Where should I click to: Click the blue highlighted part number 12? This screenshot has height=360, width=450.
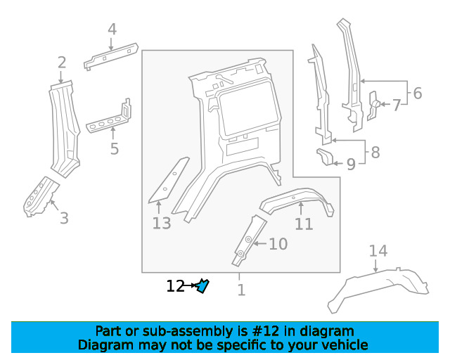point(202,286)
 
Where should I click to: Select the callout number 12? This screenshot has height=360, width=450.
point(175,286)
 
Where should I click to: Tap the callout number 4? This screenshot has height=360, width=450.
point(112,30)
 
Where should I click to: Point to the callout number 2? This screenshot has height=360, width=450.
point(62,63)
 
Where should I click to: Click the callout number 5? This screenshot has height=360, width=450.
point(114,148)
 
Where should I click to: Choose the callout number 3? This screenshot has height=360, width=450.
point(64,218)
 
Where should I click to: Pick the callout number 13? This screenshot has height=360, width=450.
point(162,223)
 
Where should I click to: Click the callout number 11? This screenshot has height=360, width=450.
point(304,224)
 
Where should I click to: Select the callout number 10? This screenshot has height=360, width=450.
point(278,244)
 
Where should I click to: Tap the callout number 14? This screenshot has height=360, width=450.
point(378,250)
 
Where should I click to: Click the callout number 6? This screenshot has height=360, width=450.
point(418,94)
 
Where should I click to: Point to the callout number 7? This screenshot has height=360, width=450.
point(397,105)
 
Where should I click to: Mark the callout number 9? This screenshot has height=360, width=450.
point(351,165)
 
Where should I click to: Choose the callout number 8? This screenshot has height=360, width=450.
point(375,152)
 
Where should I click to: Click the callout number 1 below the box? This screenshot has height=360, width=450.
point(242,290)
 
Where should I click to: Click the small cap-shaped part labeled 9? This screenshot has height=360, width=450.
point(325,157)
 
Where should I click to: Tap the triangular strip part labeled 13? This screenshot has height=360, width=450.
point(169,180)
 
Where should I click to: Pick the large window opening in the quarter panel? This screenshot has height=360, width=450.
point(249,108)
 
